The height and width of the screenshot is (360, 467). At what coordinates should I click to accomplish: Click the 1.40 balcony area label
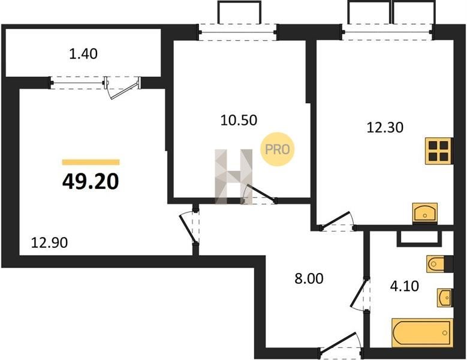pyautogui.click(x=83, y=54)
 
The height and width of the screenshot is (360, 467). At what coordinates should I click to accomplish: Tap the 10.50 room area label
pyautogui.click(x=239, y=120)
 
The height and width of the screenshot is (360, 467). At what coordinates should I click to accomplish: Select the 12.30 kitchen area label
pyautogui.click(x=385, y=127)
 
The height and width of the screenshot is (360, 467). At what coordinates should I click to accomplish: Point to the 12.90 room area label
pyautogui.click(x=49, y=242)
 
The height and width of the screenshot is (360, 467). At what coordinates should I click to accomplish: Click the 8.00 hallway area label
pyautogui.click(x=309, y=279)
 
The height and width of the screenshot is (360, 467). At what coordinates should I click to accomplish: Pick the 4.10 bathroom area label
pyautogui.click(x=405, y=286)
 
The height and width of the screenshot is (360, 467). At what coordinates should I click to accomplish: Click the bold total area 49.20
pyautogui.click(x=91, y=181)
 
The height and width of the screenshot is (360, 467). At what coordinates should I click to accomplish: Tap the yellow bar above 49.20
pyautogui.click(x=91, y=162)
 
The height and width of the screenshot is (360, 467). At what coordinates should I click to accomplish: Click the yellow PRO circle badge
pyautogui.click(x=278, y=149)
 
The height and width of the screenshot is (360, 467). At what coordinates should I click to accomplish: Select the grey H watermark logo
pyautogui.click(x=234, y=177)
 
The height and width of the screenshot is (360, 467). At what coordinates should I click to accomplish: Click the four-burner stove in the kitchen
pyautogui.click(x=439, y=151)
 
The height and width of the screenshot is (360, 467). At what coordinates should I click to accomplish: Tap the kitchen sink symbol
pyautogui.click(x=424, y=213)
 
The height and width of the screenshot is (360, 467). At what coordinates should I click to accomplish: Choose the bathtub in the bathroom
pyautogui.click(x=422, y=333)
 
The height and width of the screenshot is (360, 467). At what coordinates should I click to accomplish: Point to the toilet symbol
pyautogui.click(x=436, y=264)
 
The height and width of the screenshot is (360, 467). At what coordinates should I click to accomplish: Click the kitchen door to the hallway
pyautogui.click(x=336, y=221)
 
